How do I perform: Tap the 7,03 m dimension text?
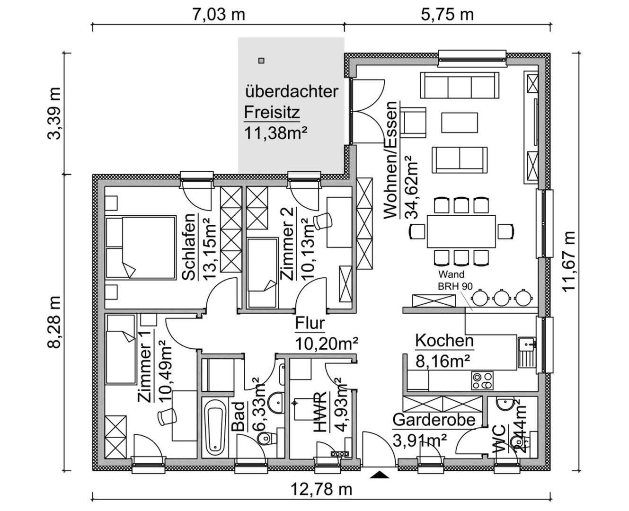pos(219,14)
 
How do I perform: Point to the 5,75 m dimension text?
pos(447,14)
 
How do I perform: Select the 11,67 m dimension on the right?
pos(570,261)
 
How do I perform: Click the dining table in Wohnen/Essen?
pos(461,231)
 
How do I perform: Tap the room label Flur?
pos(310,324)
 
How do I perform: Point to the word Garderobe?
pos(434,420)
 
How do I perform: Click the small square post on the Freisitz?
pos(261,61)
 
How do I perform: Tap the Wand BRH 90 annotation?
pos(451,280)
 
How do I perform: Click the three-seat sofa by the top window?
pos(460,86)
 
